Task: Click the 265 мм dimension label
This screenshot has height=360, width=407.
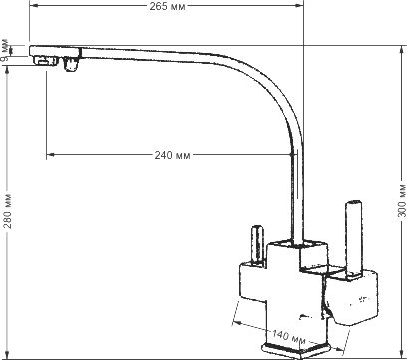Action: pyautogui.click(x=167, y=6)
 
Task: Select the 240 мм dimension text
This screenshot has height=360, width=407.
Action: pyautogui.click(x=172, y=155)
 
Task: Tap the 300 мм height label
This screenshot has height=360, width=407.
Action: pyautogui.click(x=402, y=199)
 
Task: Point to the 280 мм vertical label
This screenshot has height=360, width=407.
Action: pyautogui.click(x=8, y=211)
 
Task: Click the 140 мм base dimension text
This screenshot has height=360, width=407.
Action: pyautogui.click(x=288, y=337)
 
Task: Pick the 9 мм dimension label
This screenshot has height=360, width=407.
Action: pyautogui.click(x=5, y=53)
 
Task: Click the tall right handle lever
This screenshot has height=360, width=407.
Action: pyautogui.click(x=353, y=238)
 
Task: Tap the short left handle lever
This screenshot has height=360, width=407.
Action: pyautogui.click(x=257, y=246)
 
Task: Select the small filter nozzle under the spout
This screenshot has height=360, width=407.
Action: pyautogui.click(x=70, y=64)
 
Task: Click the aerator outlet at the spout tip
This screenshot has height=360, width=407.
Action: pyautogui.click(x=45, y=61)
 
